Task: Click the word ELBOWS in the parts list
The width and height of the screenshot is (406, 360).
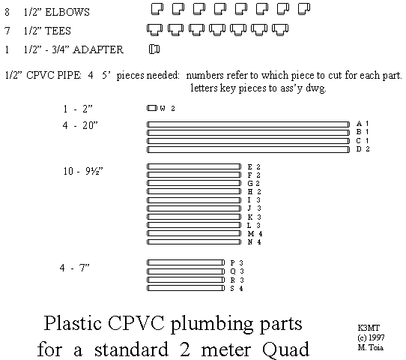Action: tap(67, 12)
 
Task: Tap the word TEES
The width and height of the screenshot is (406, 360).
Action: tap(58, 31)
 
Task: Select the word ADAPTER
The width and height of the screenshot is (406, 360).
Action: tap(98, 49)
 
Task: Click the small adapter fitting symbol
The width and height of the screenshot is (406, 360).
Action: tap(154, 49)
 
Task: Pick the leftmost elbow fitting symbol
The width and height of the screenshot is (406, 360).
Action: tap(157, 9)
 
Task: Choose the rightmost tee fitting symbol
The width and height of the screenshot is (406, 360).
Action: tap(280, 29)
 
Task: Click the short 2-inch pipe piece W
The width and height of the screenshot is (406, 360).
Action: tap(152, 108)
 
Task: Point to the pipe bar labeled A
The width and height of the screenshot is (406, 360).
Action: tap(248, 124)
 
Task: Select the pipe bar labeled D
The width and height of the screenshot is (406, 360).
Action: tap(248, 149)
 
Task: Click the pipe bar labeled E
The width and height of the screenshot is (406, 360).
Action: tap(194, 166)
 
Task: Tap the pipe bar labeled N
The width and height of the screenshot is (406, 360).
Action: tap(194, 241)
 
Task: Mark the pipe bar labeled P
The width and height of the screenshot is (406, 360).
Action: tap(186, 262)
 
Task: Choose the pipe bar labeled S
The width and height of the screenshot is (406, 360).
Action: tap(186, 288)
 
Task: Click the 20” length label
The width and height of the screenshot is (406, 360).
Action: tap(90, 125)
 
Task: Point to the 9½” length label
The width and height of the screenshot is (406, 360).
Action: tap(94, 171)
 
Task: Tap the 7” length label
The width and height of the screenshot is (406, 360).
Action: tap(85, 268)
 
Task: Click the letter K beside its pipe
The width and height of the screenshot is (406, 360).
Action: tap(250, 217)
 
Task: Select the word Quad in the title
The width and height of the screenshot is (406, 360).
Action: tap(286, 350)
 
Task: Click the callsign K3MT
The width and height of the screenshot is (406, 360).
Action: tap(369, 328)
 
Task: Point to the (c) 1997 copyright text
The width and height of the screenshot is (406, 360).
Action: tap(371, 338)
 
